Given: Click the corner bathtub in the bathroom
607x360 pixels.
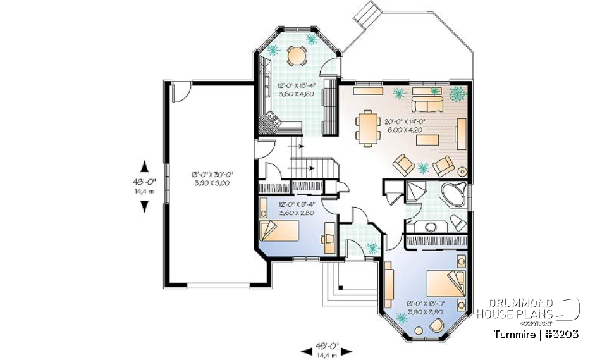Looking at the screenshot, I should coord(454,192).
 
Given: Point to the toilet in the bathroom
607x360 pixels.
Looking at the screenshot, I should coord(457,223).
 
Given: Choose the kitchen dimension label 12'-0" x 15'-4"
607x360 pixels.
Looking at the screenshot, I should coord(294,89).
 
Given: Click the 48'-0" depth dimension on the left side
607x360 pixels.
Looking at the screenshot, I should coord(145,185).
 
